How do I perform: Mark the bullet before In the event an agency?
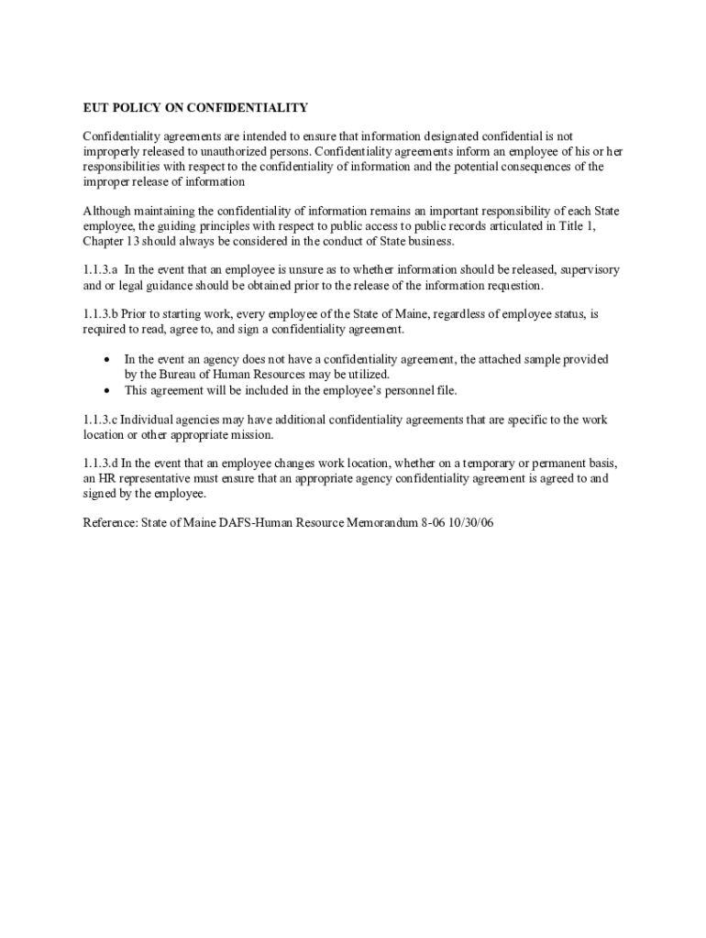coord(108,360)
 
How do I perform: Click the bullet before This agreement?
coord(108,390)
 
